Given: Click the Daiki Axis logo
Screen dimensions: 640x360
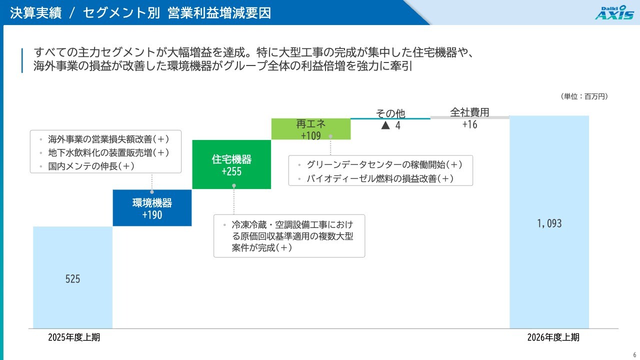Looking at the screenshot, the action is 615,12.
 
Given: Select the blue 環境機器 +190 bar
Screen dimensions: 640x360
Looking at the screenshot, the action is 152,207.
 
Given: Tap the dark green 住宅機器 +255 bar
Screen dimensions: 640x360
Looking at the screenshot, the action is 231,164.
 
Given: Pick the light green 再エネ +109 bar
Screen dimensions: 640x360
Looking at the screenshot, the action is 311,129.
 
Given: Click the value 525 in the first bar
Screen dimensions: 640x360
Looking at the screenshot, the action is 72,279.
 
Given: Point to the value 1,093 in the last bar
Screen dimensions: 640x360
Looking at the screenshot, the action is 549,223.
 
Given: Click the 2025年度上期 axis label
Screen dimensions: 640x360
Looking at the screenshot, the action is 74,337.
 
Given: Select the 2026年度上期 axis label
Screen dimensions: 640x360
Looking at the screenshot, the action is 553,337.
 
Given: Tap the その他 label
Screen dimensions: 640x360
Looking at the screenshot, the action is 390,113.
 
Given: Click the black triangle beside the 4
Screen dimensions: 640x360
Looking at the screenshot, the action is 385,125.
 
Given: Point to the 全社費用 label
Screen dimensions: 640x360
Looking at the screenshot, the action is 469,112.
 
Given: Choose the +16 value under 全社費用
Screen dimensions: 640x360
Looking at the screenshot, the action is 469,124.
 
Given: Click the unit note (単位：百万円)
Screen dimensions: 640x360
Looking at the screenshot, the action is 584,96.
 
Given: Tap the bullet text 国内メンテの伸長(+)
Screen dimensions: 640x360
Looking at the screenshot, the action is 91,166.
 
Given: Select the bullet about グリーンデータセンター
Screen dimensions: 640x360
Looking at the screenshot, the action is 384,164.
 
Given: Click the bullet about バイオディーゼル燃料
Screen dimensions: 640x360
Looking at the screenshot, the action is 380,178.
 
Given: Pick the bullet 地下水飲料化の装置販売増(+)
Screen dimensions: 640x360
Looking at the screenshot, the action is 108,152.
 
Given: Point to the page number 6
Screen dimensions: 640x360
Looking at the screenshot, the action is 634,355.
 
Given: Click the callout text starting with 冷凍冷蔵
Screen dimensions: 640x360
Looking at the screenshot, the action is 292,236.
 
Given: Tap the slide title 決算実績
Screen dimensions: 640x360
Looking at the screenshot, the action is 35,13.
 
